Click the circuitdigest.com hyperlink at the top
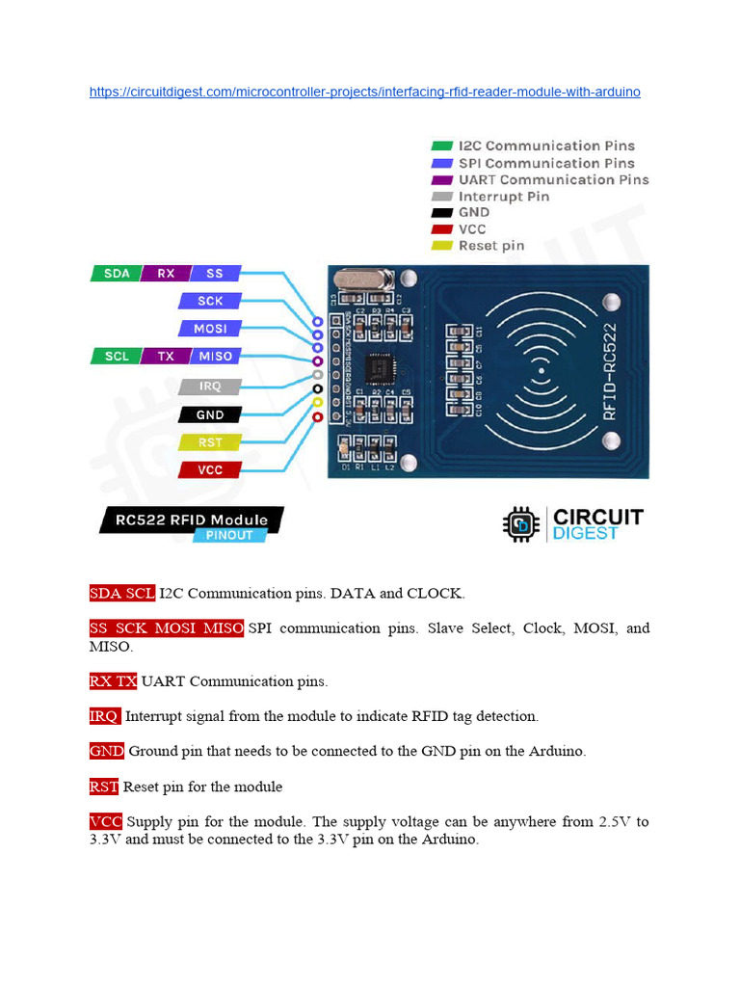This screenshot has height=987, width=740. [364, 93]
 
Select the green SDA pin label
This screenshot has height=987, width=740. [117, 274]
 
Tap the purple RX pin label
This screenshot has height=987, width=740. [166, 274]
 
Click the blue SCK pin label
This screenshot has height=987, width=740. [210, 301]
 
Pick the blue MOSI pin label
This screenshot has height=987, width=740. [210, 329]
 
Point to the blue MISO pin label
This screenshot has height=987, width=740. [216, 357]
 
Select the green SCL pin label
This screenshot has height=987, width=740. [117, 357]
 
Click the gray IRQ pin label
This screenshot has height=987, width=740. [210, 387]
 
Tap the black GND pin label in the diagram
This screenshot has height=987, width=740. [210, 414]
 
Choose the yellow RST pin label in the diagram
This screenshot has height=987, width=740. [210, 442]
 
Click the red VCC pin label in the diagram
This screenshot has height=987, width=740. [210, 470]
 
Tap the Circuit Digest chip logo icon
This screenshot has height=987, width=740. [521, 524]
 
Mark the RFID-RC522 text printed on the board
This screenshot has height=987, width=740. [609, 371]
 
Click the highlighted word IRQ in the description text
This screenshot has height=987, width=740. [104, 716]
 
